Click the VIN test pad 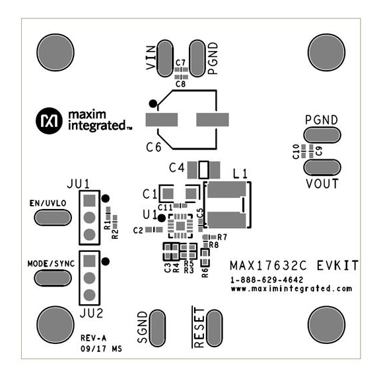click(x=165, y=58)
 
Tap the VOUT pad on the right click(x=322, y=167)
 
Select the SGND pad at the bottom click(x=157, y=328)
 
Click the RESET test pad click(x=215, y=328)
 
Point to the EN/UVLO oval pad click(x=53, y=218)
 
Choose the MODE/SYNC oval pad click(x=53, y=278)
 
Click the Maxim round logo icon click(x=49, y=120)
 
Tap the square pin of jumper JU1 click(x=89, y=200)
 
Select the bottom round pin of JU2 click(x=89, y=295)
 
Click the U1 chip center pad click(x=180, y=226)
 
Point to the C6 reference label click(x=154, y=147)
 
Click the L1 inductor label click(x=240, y=174)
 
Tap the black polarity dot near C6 click(x=153, y=104)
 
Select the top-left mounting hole click(x=55, y=52)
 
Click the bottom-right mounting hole click(x=327, y=325)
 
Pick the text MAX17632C click(x=268, y=266)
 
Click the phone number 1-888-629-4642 click(x=267, y=280)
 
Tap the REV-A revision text click(x=93, y=338)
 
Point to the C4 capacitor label click(x=177, y=168)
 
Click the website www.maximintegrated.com click(x=291, y=289)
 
